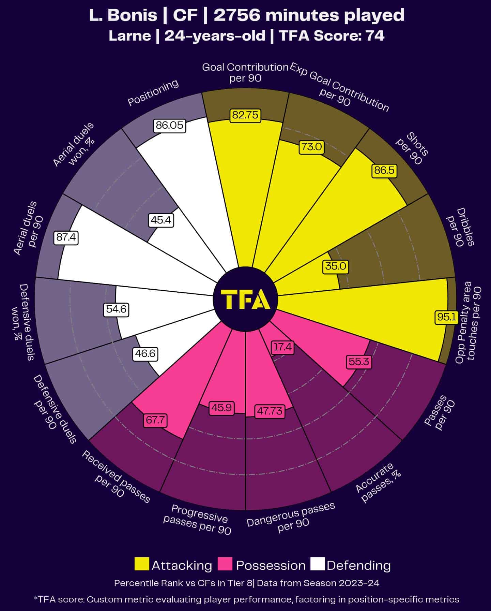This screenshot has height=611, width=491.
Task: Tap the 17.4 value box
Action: pyautogui.click(x=282, y=347)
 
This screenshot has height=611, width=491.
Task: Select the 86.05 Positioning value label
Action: pyautogui.click(x=169, y=126)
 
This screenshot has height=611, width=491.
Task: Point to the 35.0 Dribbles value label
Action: pyautogui.click(x=336, y=266)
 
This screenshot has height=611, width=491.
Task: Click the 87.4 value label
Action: pyautogui.click(x=66, y=237)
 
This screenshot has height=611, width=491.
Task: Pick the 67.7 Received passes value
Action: pyautogui.click(x=155, y=420)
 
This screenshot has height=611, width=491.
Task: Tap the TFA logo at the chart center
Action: pyautogui.click(x=245, y=300)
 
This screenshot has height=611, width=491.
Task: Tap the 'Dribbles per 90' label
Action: pyautogui.click(x=460, y=227)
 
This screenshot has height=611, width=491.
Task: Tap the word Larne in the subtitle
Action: pyautogui.click(x=129, y=36)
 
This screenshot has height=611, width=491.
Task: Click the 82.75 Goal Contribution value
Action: pyautogui.click(x=245, y=115)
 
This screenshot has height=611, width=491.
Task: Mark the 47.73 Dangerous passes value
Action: pyautogui.click(x=270, y=411)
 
